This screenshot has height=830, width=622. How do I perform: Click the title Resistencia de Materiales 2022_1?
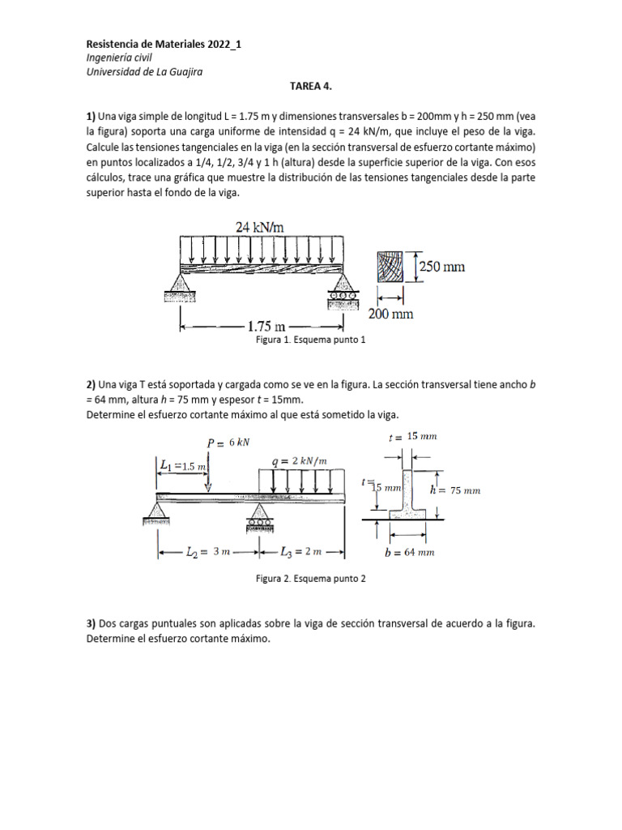coord(163,45)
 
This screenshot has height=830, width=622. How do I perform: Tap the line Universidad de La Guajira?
coord(144,71)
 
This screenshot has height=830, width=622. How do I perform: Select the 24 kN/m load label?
coord(260,229)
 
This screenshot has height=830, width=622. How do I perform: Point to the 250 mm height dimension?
coord(442,265)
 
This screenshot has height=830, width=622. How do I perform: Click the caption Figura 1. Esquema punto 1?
coord(310,341)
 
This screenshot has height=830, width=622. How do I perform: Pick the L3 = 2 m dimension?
coord(302,552)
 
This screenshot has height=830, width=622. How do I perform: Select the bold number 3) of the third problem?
coord(92,625)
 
